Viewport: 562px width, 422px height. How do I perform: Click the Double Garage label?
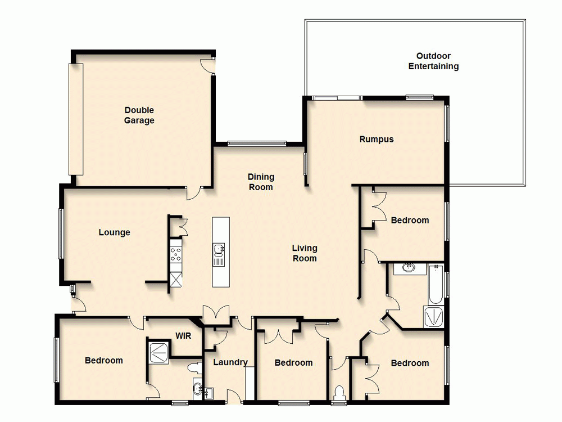pos(139,115)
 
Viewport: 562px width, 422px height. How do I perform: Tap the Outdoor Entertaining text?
pos(433,61)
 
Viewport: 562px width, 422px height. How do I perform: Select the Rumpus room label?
pos(377,140)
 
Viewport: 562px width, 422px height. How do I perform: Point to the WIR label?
pos(183,336)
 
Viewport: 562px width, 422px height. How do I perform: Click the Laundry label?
pos(230,362)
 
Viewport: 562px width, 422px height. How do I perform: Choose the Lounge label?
pos(114,232)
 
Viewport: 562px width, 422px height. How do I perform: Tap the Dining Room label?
pos(261,182)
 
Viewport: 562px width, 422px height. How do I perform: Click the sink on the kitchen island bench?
pos(219,248)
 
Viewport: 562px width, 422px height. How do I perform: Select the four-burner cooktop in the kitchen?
pos(176,255)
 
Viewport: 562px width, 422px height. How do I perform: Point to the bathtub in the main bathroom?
pos(436,285)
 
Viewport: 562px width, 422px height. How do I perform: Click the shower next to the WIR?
pos(158,352)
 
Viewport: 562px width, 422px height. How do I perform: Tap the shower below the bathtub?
pos(434,317)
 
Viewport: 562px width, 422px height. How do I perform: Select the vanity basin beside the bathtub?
pos(409,268)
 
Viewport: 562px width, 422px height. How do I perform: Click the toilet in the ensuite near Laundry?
pos(194,369)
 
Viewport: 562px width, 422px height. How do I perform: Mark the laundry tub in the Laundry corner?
pos(209,393)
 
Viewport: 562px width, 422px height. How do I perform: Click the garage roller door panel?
pos(76,119)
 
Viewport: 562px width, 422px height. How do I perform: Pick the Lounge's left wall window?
pos(61,234)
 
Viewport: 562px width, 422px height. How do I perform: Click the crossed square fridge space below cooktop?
pos(176,279)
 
